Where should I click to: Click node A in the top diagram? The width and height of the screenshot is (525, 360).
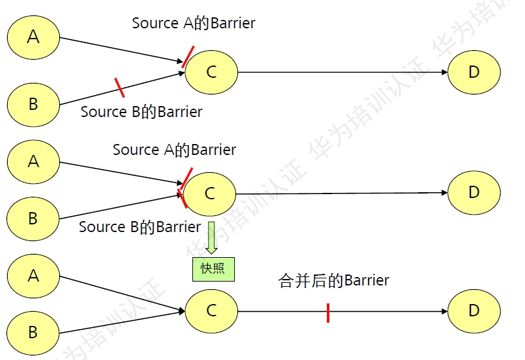[x=33, y=37]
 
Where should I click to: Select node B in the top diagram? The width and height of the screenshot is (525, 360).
[x=33, y=104]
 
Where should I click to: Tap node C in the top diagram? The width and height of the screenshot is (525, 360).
[x=212, y=72]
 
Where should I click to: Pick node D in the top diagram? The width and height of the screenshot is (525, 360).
[x=474, y=72]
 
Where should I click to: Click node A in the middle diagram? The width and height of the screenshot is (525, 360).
[x=33, y=161]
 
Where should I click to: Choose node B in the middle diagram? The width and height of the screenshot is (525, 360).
[x=33, y=219]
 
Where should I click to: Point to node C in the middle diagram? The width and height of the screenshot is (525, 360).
[x=210, y=193]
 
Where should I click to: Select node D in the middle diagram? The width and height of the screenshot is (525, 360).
[x=474, y=192]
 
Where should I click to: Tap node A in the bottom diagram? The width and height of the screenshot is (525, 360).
[x=33, y=276]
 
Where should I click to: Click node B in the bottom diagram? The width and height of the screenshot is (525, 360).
[x=33, y=332]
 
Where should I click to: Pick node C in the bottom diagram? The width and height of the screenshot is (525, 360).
[x=212, y=311]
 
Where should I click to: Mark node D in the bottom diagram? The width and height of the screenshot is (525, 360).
[x=474, y=310]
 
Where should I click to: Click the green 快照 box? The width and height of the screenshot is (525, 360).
[x=214, y=269]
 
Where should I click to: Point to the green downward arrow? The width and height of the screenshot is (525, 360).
[x=211, y=237]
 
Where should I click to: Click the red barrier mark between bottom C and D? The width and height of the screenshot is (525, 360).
[x=328, y=312]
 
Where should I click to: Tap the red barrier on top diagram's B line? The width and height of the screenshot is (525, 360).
[x=119, y=87]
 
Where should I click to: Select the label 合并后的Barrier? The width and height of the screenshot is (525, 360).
[x=334, y=280]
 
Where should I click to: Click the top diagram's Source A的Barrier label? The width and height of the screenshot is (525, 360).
[x=194, y=23]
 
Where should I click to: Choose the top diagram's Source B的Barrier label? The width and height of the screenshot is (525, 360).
[x=142, y=112]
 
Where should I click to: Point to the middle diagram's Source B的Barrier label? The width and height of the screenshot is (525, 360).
[x=140, y=227]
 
